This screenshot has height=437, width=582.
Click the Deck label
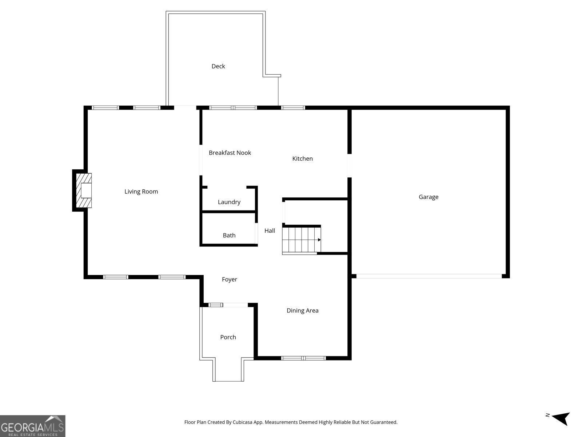click(218, 66)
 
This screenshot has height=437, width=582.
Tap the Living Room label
click(141, 192)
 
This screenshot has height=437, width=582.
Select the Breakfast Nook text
click(230, 153)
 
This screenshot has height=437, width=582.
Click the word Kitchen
click(302, 159)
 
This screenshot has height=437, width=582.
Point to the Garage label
click(428, 197)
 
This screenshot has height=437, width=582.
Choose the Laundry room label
click(229, 202)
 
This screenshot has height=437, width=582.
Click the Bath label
click(229, 236)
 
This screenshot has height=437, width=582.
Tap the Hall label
click(270, 231)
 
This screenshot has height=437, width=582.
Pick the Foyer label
click(229, 280)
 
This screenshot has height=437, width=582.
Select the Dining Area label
click(302, 311)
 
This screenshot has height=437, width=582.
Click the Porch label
click(228, 337)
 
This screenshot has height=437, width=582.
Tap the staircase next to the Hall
click(301, 240)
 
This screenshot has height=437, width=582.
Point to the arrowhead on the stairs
click(319, 240)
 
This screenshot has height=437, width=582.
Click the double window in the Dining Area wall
click(303, 358)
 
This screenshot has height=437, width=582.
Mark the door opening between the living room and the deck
click(185, 107)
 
